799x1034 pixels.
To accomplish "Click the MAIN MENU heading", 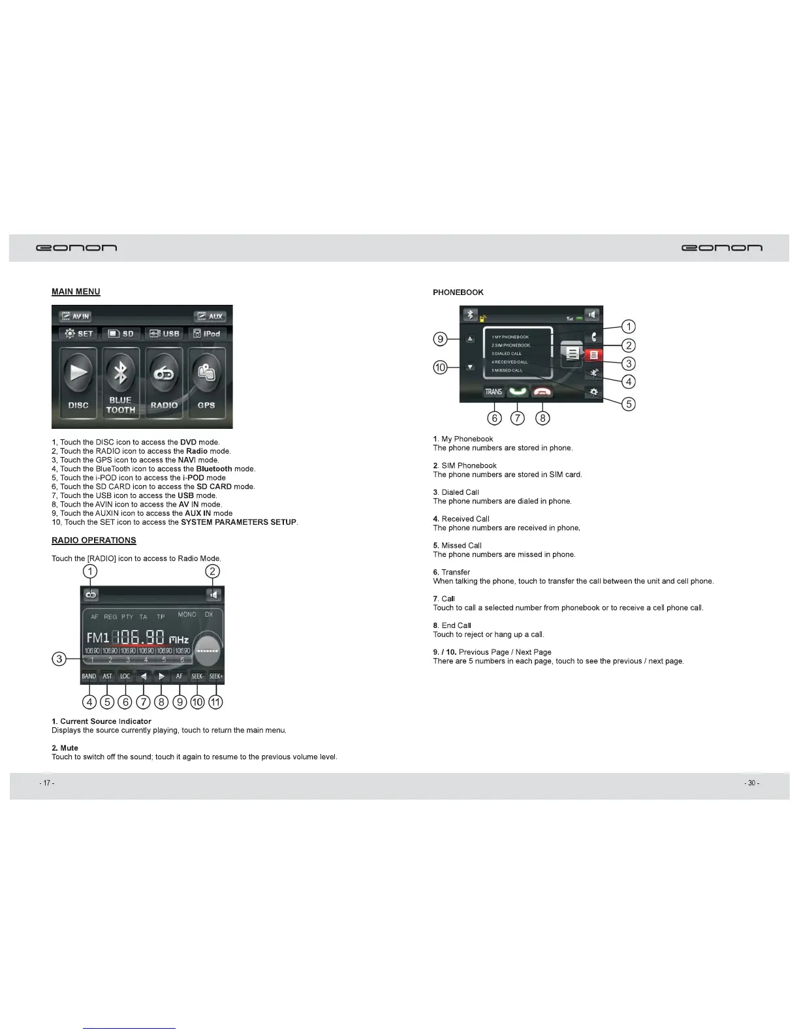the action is (x=76, y=292).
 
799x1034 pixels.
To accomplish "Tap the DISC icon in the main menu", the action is (x=78, y=381).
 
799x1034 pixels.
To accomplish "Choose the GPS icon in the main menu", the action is (x=206, y=381).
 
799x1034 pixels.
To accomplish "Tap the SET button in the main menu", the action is (x=78, y=334).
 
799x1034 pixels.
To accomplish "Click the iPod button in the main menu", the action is (x=207, y=334).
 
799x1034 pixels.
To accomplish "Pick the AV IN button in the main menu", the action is (x=75, y=317).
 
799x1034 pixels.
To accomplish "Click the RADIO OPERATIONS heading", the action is (x=94, y=540).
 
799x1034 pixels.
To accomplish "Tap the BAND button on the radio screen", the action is (x=89, y=676).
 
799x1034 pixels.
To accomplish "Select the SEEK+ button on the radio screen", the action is (x=216, y=676).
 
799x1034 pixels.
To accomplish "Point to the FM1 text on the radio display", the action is (x=98, y=637).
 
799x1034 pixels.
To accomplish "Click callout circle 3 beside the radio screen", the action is (x=59, y=659).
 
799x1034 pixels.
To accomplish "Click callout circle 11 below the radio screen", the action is (x=215, y=702).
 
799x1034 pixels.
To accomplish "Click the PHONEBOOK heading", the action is (x=458, y=292).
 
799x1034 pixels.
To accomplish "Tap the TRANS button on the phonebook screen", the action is (x=493, y=392).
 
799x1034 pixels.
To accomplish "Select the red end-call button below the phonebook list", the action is (x=542, y=392).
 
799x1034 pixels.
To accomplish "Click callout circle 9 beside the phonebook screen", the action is (x=441, y=339).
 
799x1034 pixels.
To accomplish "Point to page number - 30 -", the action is (x=752, y=783).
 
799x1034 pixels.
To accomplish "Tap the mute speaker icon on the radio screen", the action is (x=213, y=595).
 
